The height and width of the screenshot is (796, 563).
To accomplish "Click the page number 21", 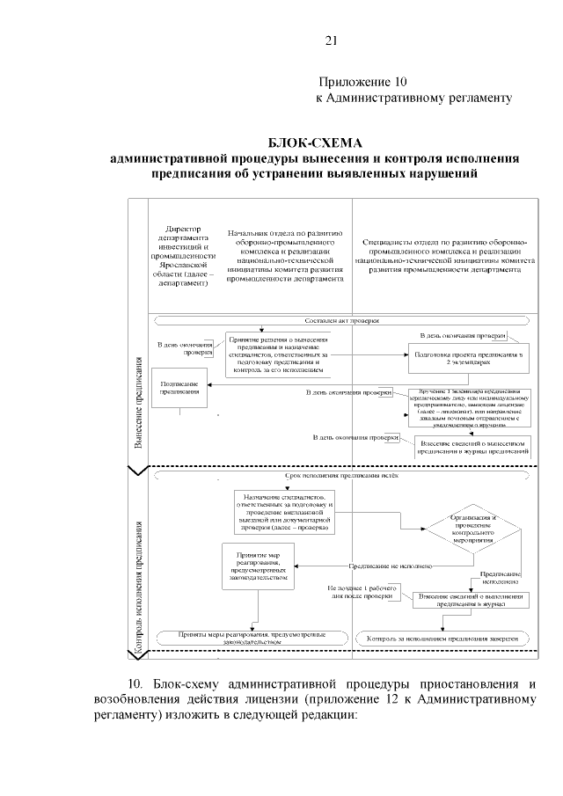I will click(332, 40).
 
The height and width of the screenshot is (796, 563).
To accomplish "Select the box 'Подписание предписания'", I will click(180, 388).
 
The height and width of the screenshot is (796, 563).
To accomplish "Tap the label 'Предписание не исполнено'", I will click(391, 566).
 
